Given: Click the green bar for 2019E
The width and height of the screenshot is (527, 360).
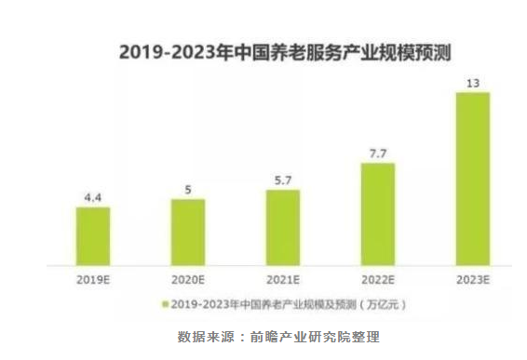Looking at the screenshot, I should click(x=93, y=236).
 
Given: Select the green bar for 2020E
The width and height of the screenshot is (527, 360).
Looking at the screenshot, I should click(x=188, y=233).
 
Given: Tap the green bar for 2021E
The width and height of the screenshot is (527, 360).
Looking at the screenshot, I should click(x=283, y=228).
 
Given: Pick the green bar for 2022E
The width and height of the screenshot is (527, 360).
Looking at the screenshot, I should click(x=378, y=215).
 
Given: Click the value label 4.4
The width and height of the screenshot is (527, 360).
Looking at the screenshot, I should click(x=93, y=196).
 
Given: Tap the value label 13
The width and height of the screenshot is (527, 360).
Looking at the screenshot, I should click(x=473, y=83).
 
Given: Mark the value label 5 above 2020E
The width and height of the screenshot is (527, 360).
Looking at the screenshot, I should click(x=188, y=189).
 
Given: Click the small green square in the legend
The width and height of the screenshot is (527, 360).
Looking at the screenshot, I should click(x=165, y=304).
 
